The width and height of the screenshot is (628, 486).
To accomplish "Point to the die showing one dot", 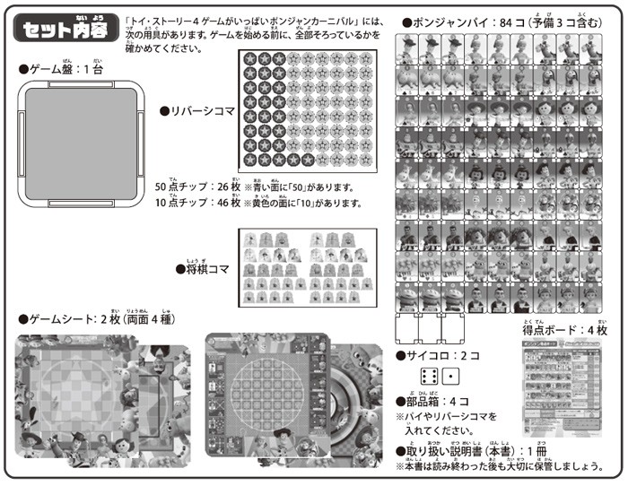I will pos(452,377).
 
